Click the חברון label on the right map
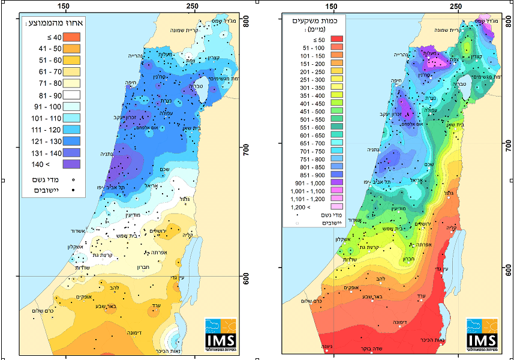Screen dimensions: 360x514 click(406, 259)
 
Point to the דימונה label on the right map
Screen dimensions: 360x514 click(393, 322)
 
